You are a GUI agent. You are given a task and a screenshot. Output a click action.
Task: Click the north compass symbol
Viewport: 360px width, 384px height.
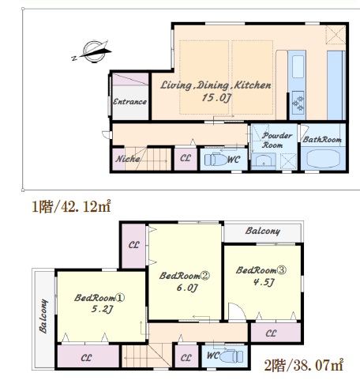(92, 51)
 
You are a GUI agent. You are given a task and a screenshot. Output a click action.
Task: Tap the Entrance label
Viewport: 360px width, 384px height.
(129, 102)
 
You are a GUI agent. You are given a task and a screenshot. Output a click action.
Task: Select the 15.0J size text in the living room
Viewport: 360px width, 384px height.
(216, 97)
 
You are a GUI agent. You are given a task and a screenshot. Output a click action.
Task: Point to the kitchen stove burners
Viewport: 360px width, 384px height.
(298, 103)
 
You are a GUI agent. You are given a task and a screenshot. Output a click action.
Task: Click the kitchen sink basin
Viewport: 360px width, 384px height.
(298, 66)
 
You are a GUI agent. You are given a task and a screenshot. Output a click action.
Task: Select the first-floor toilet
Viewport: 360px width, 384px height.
(216, 160)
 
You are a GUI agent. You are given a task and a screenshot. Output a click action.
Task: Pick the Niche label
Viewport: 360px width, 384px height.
(128, 159)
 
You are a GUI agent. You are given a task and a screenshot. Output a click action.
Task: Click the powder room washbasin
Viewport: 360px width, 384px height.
(264, 160)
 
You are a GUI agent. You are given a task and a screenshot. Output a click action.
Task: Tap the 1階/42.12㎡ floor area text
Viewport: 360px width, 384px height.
(71, 206)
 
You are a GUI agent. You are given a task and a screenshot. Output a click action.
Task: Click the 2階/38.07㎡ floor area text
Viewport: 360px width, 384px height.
(304, 365)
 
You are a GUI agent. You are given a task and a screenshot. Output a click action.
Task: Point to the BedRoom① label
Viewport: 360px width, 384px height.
(99, 298)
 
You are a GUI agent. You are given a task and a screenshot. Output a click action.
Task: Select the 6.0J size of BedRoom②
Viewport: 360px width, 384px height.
(187, 288)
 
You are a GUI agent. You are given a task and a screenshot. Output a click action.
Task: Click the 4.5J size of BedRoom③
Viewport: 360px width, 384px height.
(264, 282)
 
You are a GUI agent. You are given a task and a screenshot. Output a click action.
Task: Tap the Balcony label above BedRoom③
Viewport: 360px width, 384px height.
(263, 231)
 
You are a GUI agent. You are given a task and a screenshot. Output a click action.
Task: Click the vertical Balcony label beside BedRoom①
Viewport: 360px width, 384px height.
(43, 316)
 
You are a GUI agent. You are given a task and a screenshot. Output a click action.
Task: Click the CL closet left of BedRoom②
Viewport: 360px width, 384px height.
(133, 245)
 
